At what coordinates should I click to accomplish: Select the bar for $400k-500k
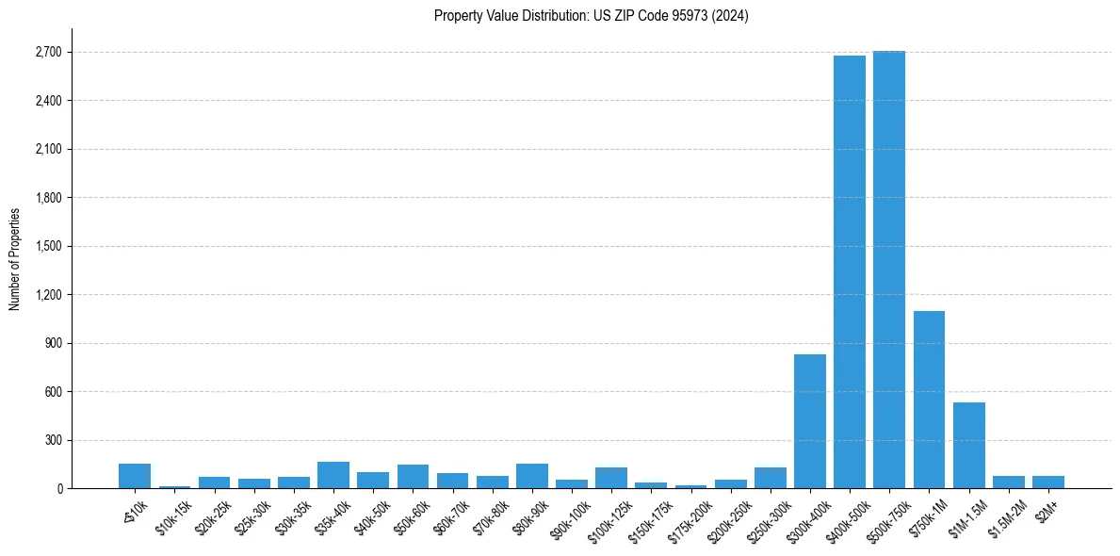point(849,272)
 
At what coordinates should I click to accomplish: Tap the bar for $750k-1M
point(929,400)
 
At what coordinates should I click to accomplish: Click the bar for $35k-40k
point(333,475)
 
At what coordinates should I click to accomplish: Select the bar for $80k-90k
point(531,476)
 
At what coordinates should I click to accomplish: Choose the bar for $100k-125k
point(610,478)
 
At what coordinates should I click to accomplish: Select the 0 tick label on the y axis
point(58,489)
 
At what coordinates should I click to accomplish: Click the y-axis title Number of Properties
point(14,259)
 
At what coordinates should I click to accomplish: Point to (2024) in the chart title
point(730,16)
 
